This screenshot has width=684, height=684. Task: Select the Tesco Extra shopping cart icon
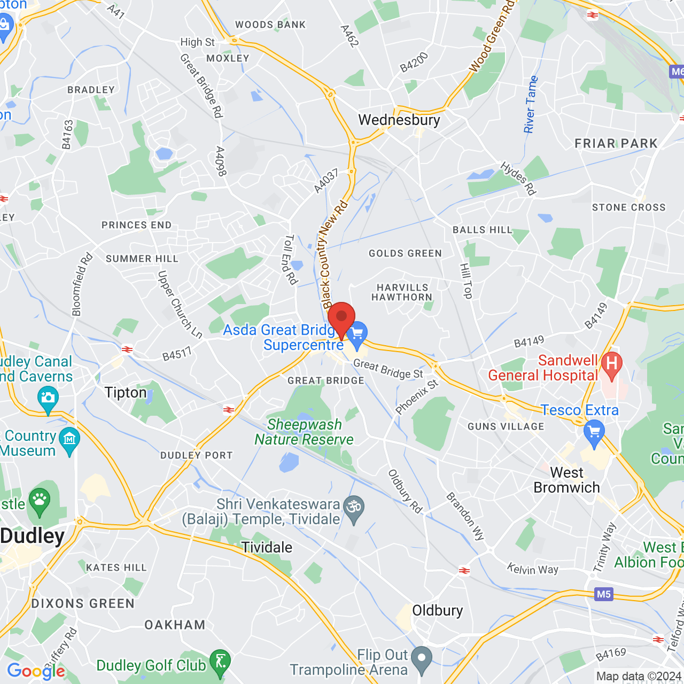[594, 432]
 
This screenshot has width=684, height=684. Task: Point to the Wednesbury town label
[399, 120]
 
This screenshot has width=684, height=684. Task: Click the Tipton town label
[126, 393]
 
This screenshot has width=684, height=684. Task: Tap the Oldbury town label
[438, 610]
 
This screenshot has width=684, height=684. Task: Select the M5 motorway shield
[603, 594]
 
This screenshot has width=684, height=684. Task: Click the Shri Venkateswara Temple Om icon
[354, 505]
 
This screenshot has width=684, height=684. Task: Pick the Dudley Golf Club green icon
[220, 662]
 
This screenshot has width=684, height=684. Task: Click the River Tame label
[530, 104]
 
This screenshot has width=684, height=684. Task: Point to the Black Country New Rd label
[334, 254]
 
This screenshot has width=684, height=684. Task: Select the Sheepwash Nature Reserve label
[304, 432]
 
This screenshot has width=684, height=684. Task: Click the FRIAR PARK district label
[616, 143]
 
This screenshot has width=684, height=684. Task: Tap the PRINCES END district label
[137, 225]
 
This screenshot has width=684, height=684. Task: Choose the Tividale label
[267, 547]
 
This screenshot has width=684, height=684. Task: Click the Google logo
[36, 671]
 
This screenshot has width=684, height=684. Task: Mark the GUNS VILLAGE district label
[506, 426]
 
